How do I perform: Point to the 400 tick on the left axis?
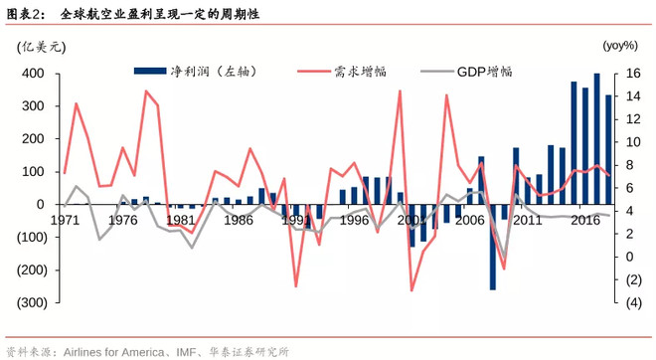tap(32, 74)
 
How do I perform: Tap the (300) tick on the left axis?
tap(29, 302)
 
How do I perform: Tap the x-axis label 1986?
tap(238, 221)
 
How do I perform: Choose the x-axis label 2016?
tap(584, 221)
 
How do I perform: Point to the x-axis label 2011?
tap(527, 221)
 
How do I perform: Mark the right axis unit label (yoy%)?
tap(619, 46)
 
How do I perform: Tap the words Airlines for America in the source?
tap(122, 352)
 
